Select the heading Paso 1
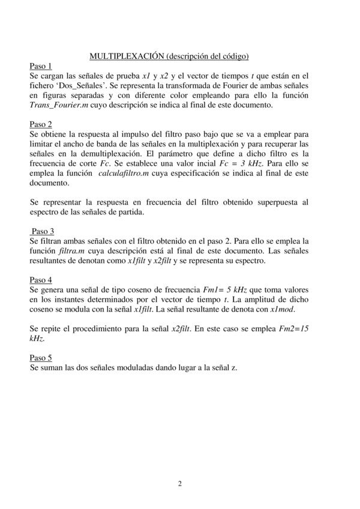[x=41, y=66]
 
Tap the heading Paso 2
[x=41, y=124]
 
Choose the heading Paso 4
[x=41, y=279]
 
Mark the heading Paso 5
[x=41, y=357]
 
